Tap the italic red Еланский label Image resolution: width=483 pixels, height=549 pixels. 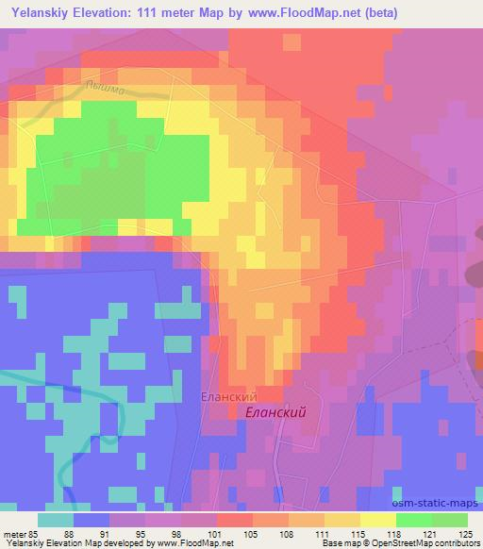pos(275,413)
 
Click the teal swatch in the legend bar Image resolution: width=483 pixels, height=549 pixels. pos(56,520)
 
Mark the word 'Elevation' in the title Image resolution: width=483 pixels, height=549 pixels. pos(108,13)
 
